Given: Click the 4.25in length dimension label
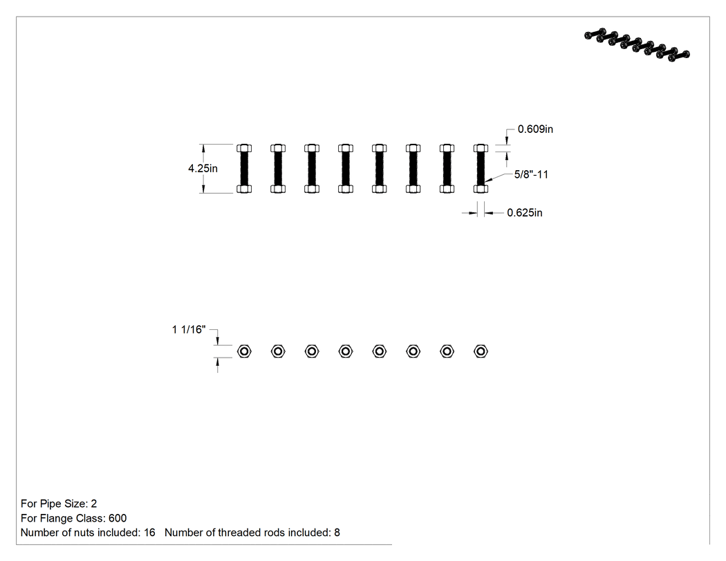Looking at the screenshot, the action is (203, 168).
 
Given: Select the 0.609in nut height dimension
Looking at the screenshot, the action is (535, 129).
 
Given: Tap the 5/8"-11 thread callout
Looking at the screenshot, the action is (531, 174).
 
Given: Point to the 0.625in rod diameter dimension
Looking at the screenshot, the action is (525, 212).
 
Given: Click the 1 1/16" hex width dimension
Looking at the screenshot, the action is (189, 329).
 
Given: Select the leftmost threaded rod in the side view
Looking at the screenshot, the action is (244, 169).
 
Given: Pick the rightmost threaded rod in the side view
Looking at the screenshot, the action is (481, 169).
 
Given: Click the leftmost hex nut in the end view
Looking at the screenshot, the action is (244, 351).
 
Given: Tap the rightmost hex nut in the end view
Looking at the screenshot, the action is (481, 351).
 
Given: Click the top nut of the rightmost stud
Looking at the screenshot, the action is (481, 148).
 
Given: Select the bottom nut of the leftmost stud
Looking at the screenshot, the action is (244, 189).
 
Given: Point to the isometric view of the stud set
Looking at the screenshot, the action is (637, 44).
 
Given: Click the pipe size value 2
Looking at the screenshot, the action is (94, 504).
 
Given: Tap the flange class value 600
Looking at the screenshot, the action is (118, 518).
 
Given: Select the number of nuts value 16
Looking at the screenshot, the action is (149, 533).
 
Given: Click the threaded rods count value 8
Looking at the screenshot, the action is (337, 533).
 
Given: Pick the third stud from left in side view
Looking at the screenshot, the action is (312, 169).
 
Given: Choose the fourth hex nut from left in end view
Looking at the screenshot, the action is (346, 351).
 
